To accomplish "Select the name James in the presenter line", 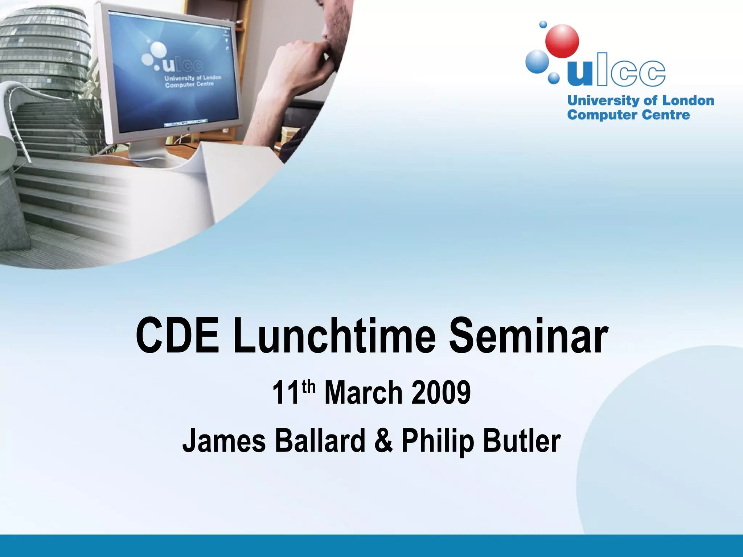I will (224, 441).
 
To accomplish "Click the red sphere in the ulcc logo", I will (562, 41).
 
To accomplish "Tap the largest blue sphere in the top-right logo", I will (537, 61).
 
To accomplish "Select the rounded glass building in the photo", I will (44, 47).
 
